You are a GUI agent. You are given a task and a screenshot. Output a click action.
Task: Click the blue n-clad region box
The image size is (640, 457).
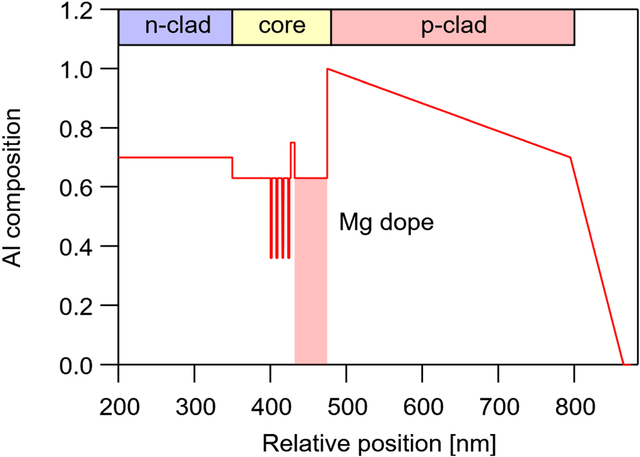point(175,27)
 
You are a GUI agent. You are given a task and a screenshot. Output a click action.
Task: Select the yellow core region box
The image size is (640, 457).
point(282,27)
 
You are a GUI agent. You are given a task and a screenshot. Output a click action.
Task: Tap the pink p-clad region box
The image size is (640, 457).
point(452,27)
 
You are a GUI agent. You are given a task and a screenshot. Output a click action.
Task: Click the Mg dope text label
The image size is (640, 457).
point(387,224)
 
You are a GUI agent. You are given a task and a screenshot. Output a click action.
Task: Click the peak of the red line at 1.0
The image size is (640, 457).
point(328,69)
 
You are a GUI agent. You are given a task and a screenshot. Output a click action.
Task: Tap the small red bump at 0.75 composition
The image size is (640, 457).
point(292,143)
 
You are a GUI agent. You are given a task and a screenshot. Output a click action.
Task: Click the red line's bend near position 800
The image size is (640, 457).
point(570,157)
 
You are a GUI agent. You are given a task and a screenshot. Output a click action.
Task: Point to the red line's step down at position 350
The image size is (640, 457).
point(232,167)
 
